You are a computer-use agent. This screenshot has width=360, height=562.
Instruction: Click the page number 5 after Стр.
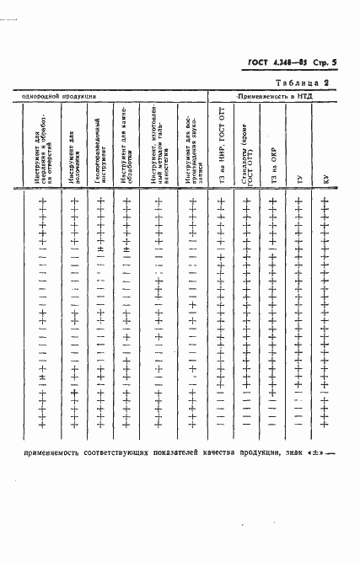click(335, 62)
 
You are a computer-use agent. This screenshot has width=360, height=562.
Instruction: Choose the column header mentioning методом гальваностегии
click(158, 149)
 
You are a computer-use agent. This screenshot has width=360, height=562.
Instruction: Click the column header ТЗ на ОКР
click(273, 169)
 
